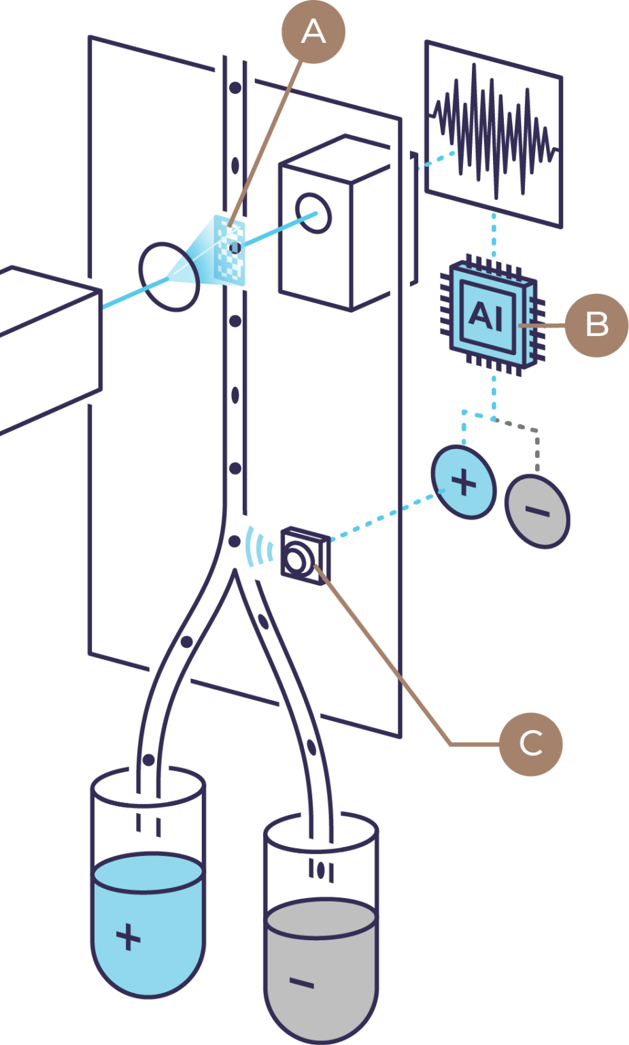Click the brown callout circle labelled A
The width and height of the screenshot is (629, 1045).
pos(313,31)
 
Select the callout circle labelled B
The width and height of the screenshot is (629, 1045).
pos(596,325)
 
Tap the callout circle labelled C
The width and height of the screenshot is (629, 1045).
pos(530,743)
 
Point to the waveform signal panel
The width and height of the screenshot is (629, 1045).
pos(494,133)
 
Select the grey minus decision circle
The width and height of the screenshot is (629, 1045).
pos(537,511)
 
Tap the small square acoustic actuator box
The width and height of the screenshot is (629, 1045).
pos(304,555)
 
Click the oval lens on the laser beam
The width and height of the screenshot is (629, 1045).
pos(169,276)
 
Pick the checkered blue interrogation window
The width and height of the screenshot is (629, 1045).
pos(231,248)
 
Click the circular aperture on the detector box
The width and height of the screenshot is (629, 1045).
pos(314,213)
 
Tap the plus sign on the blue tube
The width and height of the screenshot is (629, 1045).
pos(128,938)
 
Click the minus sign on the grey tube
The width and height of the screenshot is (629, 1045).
pos(302,982)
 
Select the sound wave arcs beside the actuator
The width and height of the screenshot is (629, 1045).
pos(256,545)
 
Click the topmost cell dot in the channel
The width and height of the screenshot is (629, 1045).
pos(235,87)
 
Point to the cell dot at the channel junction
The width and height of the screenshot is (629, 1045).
pos(234,541)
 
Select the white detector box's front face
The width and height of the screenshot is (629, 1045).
pos(316,231)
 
